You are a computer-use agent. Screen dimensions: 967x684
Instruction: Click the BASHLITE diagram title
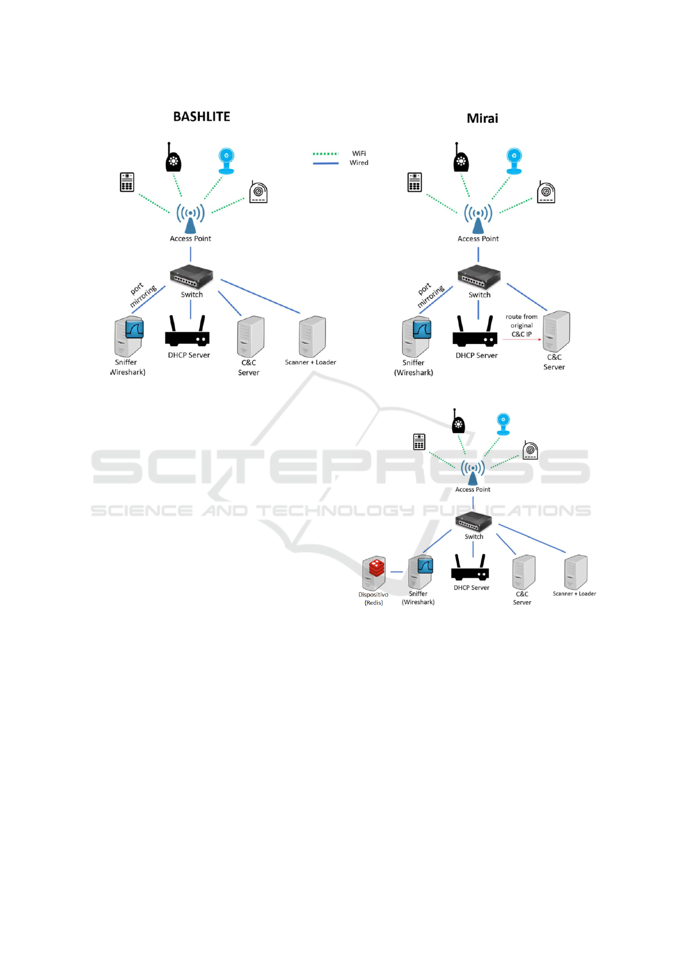[202, 117]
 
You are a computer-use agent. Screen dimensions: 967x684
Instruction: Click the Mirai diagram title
[482, 118]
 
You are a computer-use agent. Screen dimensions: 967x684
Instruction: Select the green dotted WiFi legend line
[326, 154]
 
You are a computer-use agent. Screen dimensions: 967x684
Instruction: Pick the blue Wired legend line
[326, 164]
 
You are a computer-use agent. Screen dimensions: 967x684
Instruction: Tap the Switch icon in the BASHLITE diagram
[191, 277]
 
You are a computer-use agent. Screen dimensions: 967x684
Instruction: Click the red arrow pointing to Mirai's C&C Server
[522, 339]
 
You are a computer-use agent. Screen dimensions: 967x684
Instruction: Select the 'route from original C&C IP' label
[521, 326]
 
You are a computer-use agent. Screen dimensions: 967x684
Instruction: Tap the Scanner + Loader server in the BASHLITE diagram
[312, 337]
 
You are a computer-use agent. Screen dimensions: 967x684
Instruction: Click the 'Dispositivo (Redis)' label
[373, 598]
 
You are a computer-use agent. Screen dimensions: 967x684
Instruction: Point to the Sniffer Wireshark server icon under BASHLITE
[128, 337]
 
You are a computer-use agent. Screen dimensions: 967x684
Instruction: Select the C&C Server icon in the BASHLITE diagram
[250, 337]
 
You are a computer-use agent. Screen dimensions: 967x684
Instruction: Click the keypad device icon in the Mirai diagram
[415, 182]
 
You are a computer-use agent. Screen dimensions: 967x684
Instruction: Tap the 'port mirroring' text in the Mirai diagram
[429, 294]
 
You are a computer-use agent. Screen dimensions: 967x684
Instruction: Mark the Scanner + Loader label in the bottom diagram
[574, 594]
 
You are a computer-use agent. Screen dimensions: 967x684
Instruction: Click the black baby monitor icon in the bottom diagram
[458, 422]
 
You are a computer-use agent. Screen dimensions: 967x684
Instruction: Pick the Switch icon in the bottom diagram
[473, 521]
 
